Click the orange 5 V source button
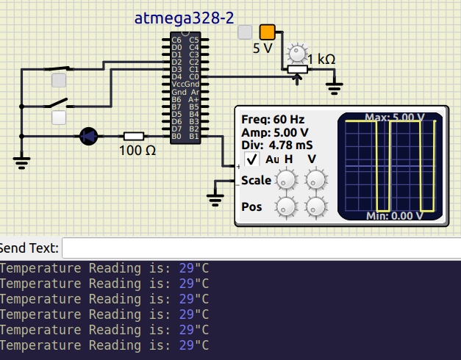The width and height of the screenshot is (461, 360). point(267,32)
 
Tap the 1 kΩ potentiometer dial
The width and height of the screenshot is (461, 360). point(297,53)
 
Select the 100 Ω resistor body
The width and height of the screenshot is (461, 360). point(133,136)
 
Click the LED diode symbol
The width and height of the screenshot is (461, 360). point(89,136)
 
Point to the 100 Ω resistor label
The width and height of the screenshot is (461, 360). point(137,151)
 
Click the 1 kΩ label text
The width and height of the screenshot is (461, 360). point(321,60)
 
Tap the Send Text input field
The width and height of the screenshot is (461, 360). point(261,248)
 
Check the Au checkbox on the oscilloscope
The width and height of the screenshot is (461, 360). point(251,159)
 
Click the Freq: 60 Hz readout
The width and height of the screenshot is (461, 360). point(273,120)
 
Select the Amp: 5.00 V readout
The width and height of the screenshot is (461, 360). point(275,132)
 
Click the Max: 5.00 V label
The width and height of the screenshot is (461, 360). point(394,118)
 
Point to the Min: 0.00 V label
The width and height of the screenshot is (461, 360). point(394,216)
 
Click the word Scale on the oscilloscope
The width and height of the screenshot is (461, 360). point(256,181)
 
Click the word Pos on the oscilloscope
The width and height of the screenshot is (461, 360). point(251,206)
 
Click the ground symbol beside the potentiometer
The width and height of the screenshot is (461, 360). point(335,88)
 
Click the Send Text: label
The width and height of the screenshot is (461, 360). point(29,248)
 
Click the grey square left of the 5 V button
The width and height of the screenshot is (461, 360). point(245,32)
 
